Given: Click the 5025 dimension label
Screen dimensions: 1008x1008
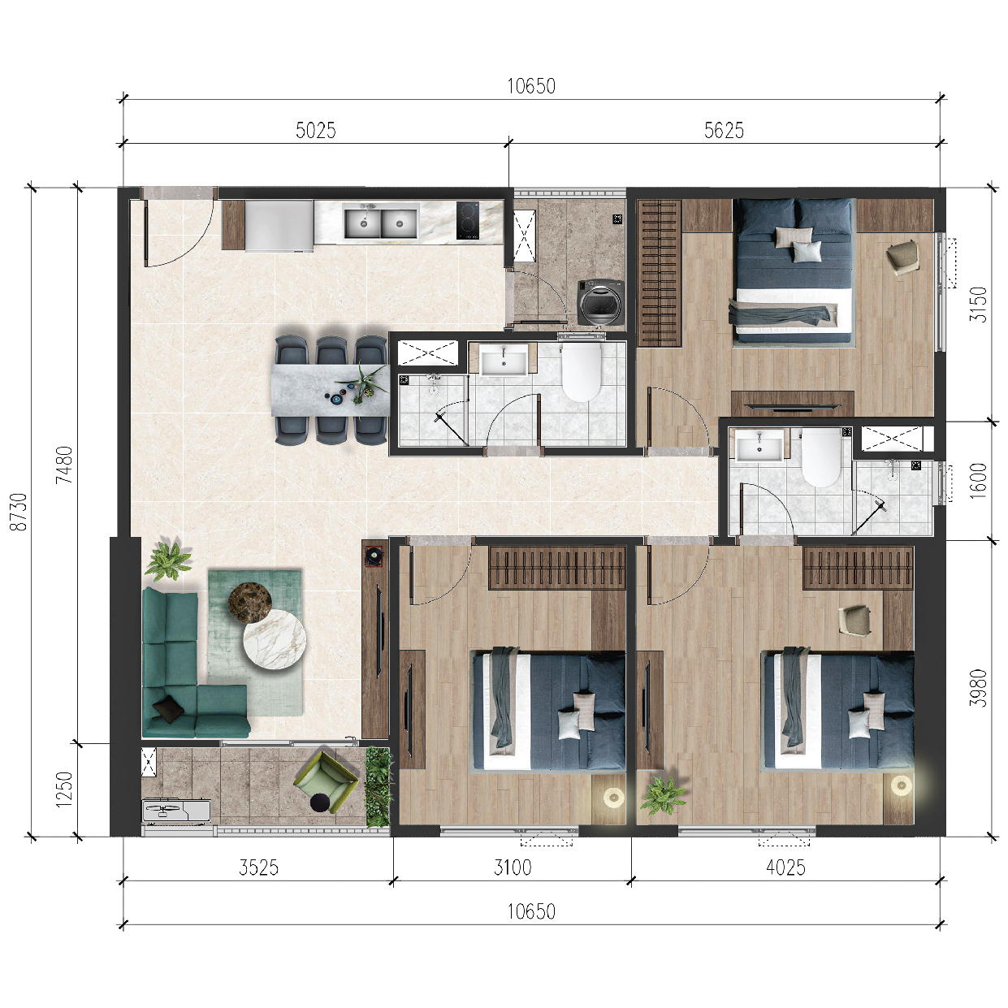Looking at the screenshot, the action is point(315,130).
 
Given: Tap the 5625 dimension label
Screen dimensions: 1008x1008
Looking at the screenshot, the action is point(724,130).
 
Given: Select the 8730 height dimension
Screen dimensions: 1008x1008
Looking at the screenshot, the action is point(19,512).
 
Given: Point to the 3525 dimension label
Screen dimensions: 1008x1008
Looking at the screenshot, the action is point(258,867).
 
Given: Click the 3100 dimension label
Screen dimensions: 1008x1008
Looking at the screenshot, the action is point(512,867).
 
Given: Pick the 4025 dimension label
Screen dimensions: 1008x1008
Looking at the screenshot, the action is point(785,867).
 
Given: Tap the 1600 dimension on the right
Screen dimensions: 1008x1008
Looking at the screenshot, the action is point(978,481).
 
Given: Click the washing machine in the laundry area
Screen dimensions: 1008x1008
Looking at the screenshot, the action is point(601,303).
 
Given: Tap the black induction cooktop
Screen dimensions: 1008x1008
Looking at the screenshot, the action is point(468,220).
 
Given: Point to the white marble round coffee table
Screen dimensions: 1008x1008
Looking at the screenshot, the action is point(275,639).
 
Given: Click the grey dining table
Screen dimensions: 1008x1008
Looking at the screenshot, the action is point(331,390).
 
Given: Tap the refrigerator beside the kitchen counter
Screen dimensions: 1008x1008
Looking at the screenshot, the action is point(280,227).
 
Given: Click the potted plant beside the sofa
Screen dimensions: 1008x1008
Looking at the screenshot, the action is point(168,560).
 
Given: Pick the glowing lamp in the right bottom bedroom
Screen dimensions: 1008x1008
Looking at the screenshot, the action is point(902,785).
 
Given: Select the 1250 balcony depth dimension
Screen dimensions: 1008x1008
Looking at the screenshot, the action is point(64,789).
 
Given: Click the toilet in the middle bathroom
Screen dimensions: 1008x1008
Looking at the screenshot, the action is point(581,372).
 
